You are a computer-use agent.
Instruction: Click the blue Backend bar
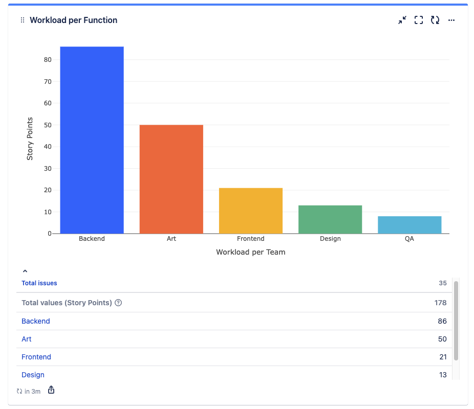click(x=92, y=140)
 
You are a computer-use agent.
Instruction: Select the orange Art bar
click(x=171, y=179)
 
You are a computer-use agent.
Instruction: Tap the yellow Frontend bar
click(x=250, y=211)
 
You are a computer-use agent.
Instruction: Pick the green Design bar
click(x=330, y=219)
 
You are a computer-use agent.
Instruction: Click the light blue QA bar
click(x=409, y=225)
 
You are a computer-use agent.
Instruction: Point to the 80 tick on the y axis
click(x=48, y=60)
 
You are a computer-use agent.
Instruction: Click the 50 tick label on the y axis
click(x=48, y=125)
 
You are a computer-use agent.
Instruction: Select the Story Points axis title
click(x=30, y=138)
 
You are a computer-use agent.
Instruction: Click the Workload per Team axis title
click(x=250, y=252)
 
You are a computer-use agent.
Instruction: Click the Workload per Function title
click(x=73, y=20)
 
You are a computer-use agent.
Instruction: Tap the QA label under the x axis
click(x=409, y=239)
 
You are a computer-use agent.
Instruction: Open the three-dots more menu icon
click(x=451, y=20)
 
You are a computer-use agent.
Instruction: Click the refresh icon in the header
click(x=435, y=20)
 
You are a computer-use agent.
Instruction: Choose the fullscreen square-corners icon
click(x=419, y=20)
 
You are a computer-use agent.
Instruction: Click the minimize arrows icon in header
click(x=402, y=20)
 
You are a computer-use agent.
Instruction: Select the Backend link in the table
click(x=36, y=321)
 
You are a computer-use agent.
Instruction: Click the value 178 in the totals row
click(x=440, y=303)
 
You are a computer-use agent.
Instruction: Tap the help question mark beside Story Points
click(x=118, y=303)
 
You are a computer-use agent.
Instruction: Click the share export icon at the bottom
click(x=51, y=391)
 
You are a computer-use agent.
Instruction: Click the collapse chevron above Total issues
click(x=25, y=271)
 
